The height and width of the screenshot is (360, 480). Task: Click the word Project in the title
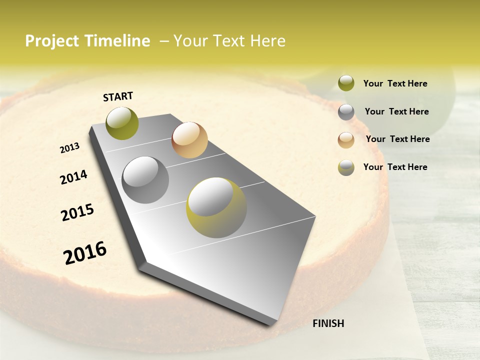[51, 41]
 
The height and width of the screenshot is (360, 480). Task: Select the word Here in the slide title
[267, 41]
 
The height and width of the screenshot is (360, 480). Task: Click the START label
[118, 96]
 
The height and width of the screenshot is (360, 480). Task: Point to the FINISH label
[328, 323]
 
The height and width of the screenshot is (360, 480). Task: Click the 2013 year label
[70, 148]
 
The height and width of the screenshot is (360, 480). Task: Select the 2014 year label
[73, 177]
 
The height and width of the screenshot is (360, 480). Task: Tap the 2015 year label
[77, 212]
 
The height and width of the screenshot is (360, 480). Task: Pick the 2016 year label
[85, 252]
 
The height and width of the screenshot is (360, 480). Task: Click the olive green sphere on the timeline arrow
[122, 123]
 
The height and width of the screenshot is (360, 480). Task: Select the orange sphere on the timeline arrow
[189, 140]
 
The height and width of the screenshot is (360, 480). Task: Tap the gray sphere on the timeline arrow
[145, 180]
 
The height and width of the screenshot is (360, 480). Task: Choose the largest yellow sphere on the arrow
[216, 207]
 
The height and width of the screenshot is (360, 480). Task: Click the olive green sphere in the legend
[346, 83]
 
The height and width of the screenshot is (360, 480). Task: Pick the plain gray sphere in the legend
[346, 112]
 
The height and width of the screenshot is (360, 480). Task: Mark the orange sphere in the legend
[346, 140]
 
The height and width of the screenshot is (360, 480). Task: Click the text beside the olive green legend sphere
[395, 83]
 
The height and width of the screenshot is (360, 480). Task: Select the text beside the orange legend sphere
[397, 139]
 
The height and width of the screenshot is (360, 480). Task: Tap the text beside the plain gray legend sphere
[396, 111]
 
